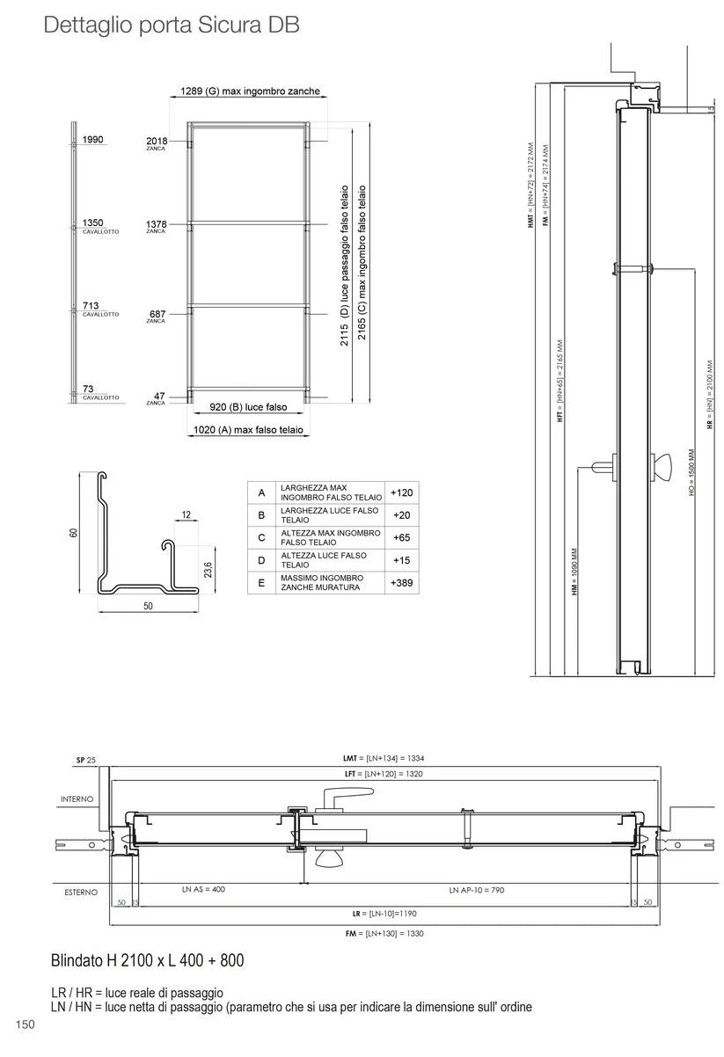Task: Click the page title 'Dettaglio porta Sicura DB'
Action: [x=172, y=26]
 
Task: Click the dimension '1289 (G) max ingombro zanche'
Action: [x=250, y=91]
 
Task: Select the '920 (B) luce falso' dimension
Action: [x=249, y=407]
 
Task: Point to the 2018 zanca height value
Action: [x=156, y=140]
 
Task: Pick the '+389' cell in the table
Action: [x=401, y=581]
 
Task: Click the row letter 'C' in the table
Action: [x=261, y=536]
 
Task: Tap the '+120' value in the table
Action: [x=401, y=492]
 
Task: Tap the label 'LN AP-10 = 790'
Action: [x=476, y=890]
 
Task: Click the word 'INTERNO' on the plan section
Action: [x=77, y=799]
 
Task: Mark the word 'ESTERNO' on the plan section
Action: [x=81, y=893]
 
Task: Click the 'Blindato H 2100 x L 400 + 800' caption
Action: [x=147, y=961]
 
